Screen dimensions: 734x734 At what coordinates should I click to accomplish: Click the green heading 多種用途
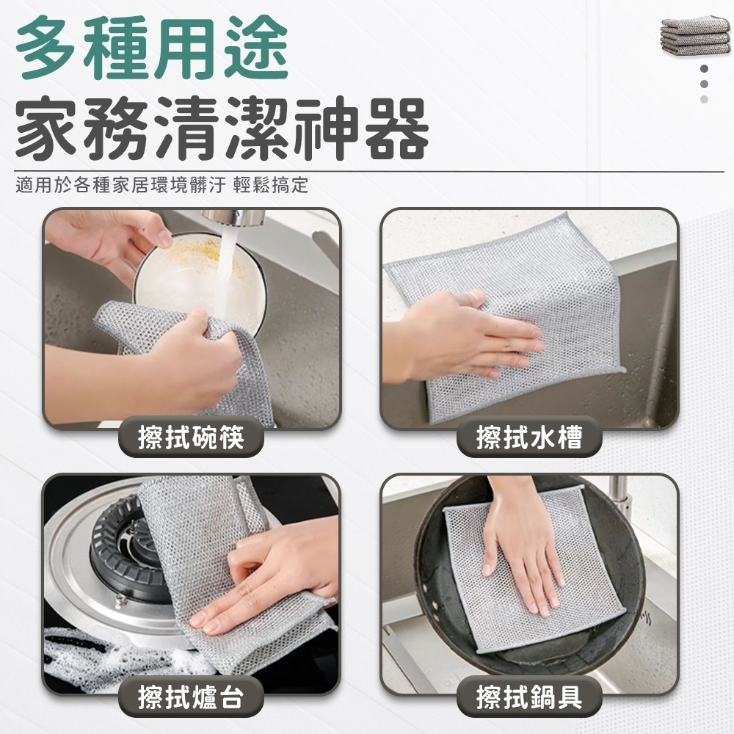(x=152, y=51)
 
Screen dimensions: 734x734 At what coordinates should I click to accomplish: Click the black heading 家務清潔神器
(x=220, y=131)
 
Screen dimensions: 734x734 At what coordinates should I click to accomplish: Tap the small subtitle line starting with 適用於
(x=161, y=184)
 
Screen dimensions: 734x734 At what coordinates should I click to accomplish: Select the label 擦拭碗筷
(x=191, y=438)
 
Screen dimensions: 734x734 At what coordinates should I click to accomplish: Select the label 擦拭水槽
(x=529, y=438)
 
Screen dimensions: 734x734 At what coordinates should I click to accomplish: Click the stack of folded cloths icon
(x=695, y=35)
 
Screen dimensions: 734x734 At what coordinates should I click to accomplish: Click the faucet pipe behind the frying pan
(x=620, y=499)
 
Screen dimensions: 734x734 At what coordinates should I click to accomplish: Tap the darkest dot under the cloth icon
(x=704, y=68)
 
